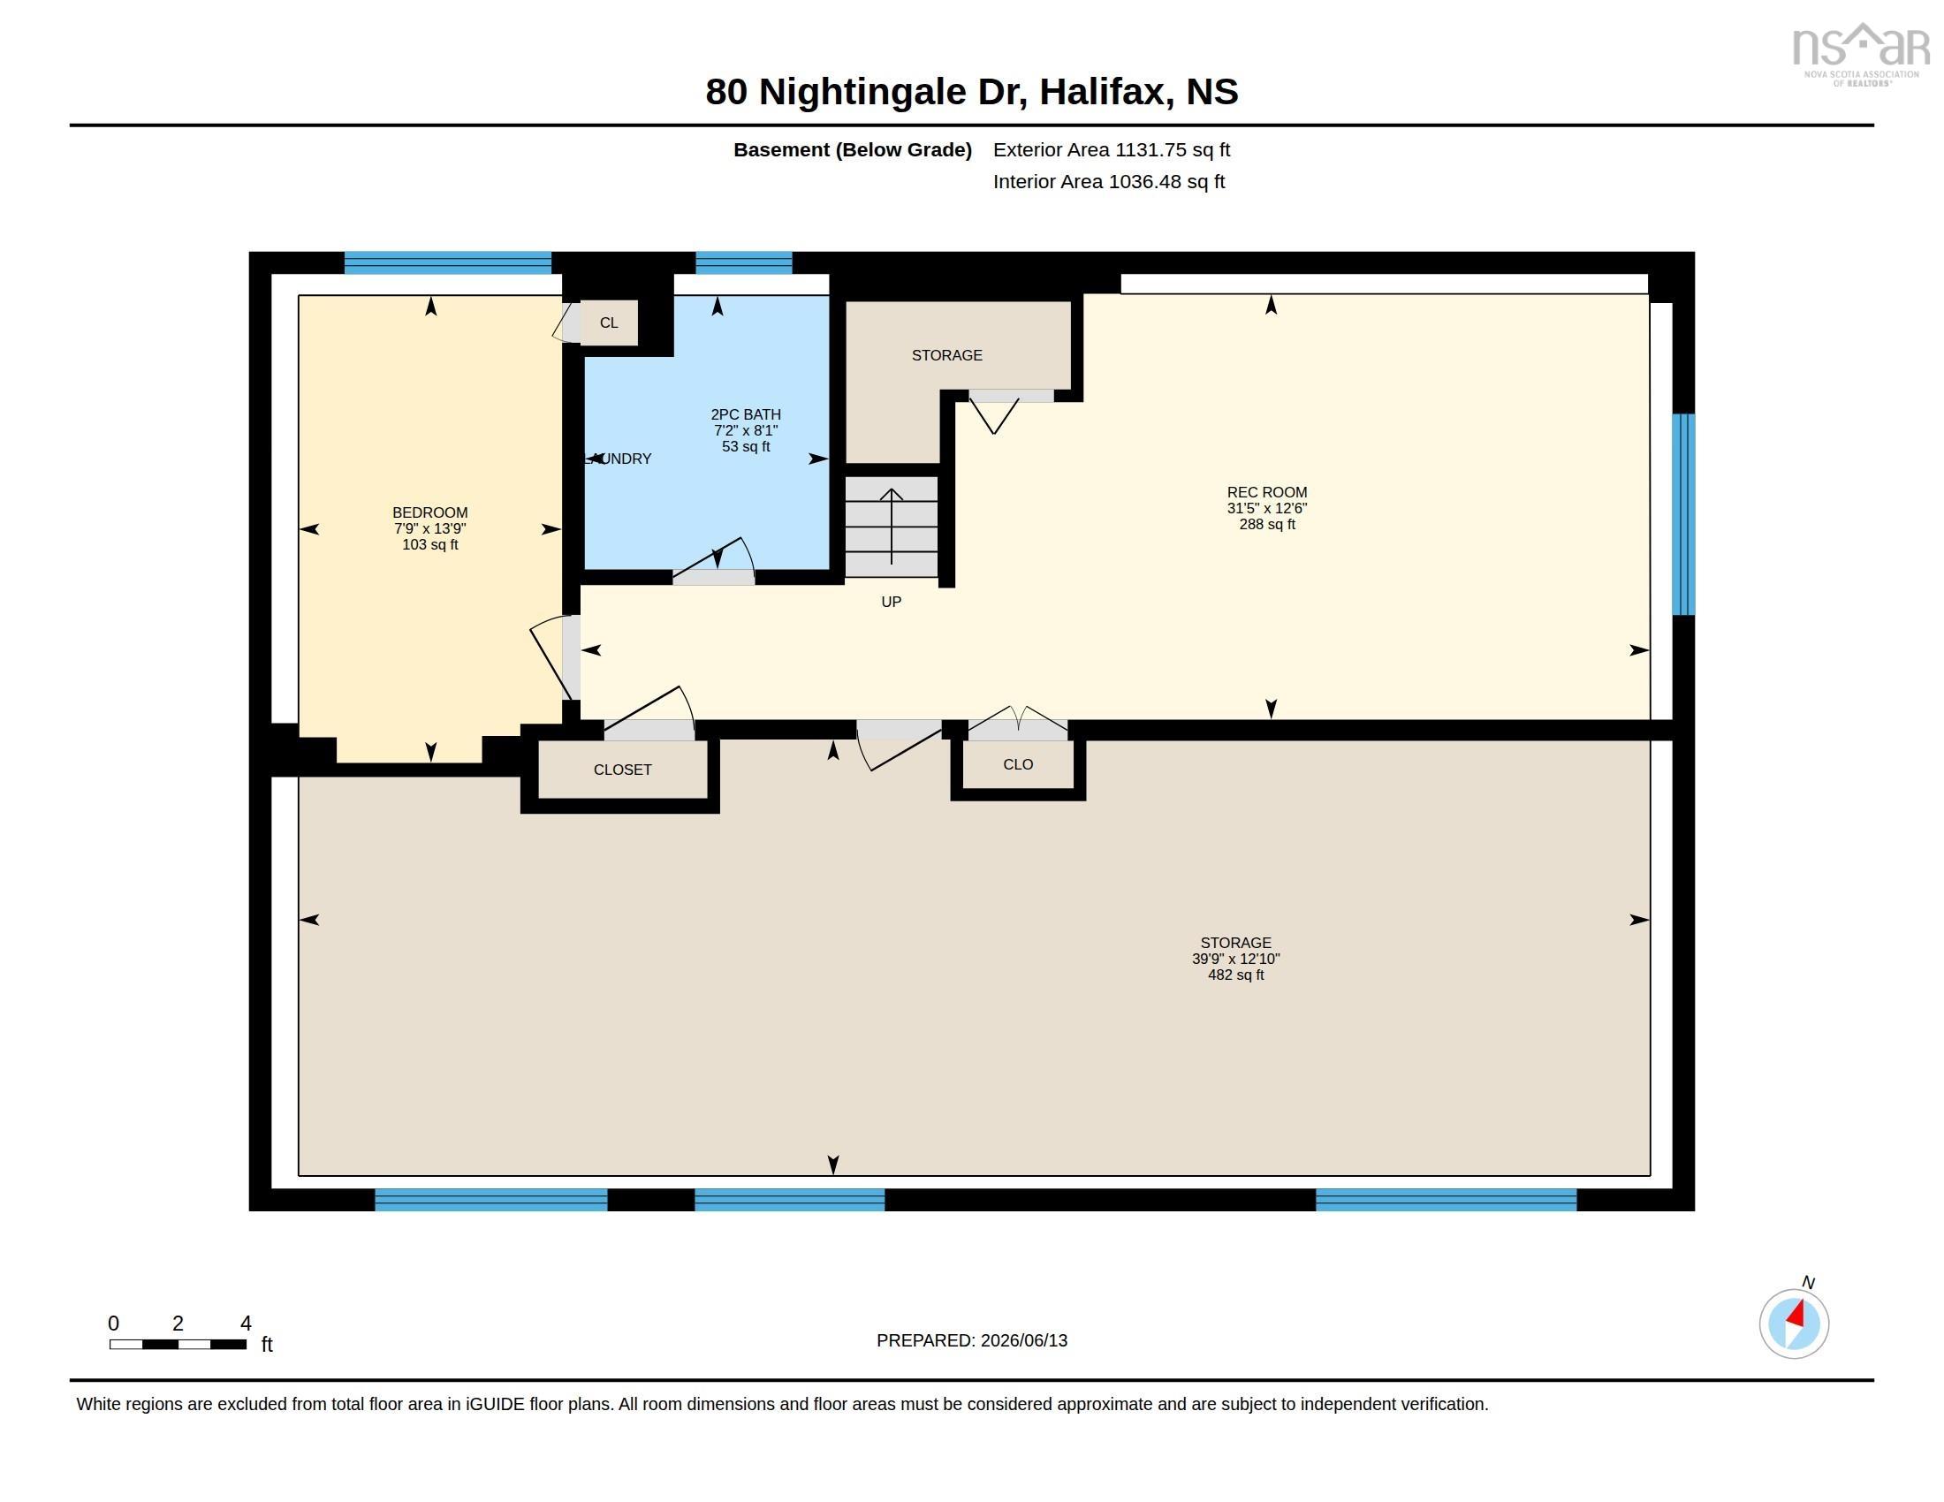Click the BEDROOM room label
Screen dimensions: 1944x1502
click(430, 512)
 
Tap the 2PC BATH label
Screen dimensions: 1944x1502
click(746, 414)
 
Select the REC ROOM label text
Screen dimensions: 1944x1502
click(1266, 492)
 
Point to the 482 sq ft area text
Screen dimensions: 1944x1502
click(1235, 975)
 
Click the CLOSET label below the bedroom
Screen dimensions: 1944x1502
click(622, 770)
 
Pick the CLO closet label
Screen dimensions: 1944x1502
click(1017, 764)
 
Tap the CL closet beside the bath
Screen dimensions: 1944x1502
click(609, 322)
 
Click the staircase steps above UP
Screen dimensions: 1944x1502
click(891, 527)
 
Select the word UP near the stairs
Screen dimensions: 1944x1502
click(891, 602)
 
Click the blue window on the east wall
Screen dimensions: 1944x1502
click(1682, 514)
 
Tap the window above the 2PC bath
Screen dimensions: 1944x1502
click(743, 262)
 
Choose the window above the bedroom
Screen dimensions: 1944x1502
click(448, 262)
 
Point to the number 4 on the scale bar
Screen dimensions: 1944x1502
click(246, 1324)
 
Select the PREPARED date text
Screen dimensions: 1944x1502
click(972, 1340)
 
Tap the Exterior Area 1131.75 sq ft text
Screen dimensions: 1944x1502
click(1112, 149)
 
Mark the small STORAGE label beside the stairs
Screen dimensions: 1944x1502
click(947, 355)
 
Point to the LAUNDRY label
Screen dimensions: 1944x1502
click(618, 459)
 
